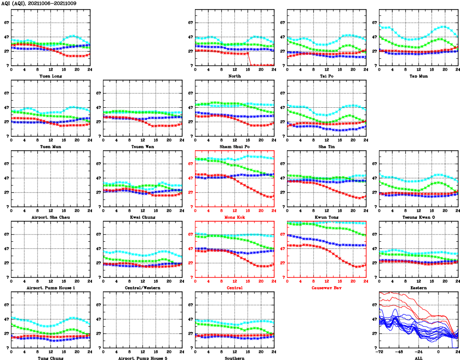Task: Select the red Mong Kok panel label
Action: tap(235, 217)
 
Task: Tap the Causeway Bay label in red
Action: tap(327, 288)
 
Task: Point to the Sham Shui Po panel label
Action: tap(235, 146)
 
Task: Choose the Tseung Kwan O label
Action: tap(419, 217)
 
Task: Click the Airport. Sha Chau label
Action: tap(50, 217)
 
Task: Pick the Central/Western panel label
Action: tap(143, 288)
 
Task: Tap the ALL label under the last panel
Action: tap(419, 358)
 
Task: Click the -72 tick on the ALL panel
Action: tap(380, 352)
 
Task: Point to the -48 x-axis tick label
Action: tap(399, 352)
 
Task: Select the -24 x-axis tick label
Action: tap(419, 352)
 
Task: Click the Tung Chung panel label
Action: tap(50, 358)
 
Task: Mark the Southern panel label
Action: tap(235, 358)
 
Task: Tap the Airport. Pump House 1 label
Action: tap(50, 288)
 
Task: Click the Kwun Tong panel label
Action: tap(327, 217)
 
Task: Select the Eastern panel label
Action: tap(419, 288)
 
